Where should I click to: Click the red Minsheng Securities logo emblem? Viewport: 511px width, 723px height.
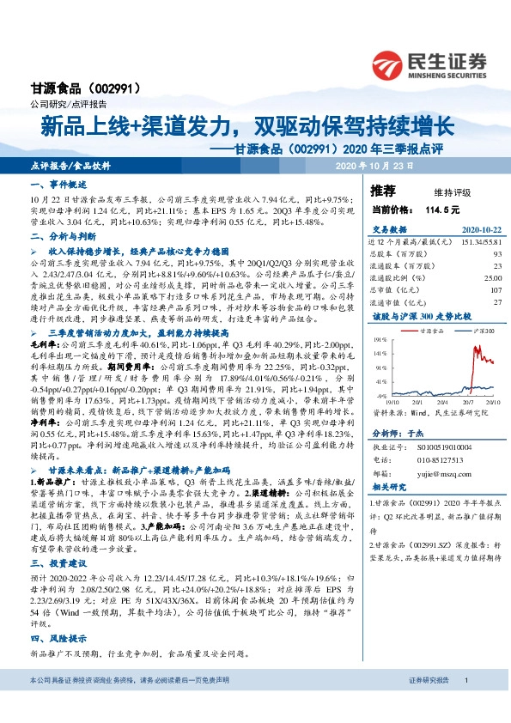click(396, 64)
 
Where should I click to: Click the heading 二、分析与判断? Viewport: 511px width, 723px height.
click(58, 235)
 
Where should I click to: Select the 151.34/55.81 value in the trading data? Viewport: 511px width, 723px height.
click(477, 242)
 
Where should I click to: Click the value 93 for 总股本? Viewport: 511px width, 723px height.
click(497, 253)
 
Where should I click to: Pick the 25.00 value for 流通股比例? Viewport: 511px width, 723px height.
click(493, 277)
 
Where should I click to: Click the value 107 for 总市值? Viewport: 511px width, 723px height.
click(496, 289)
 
